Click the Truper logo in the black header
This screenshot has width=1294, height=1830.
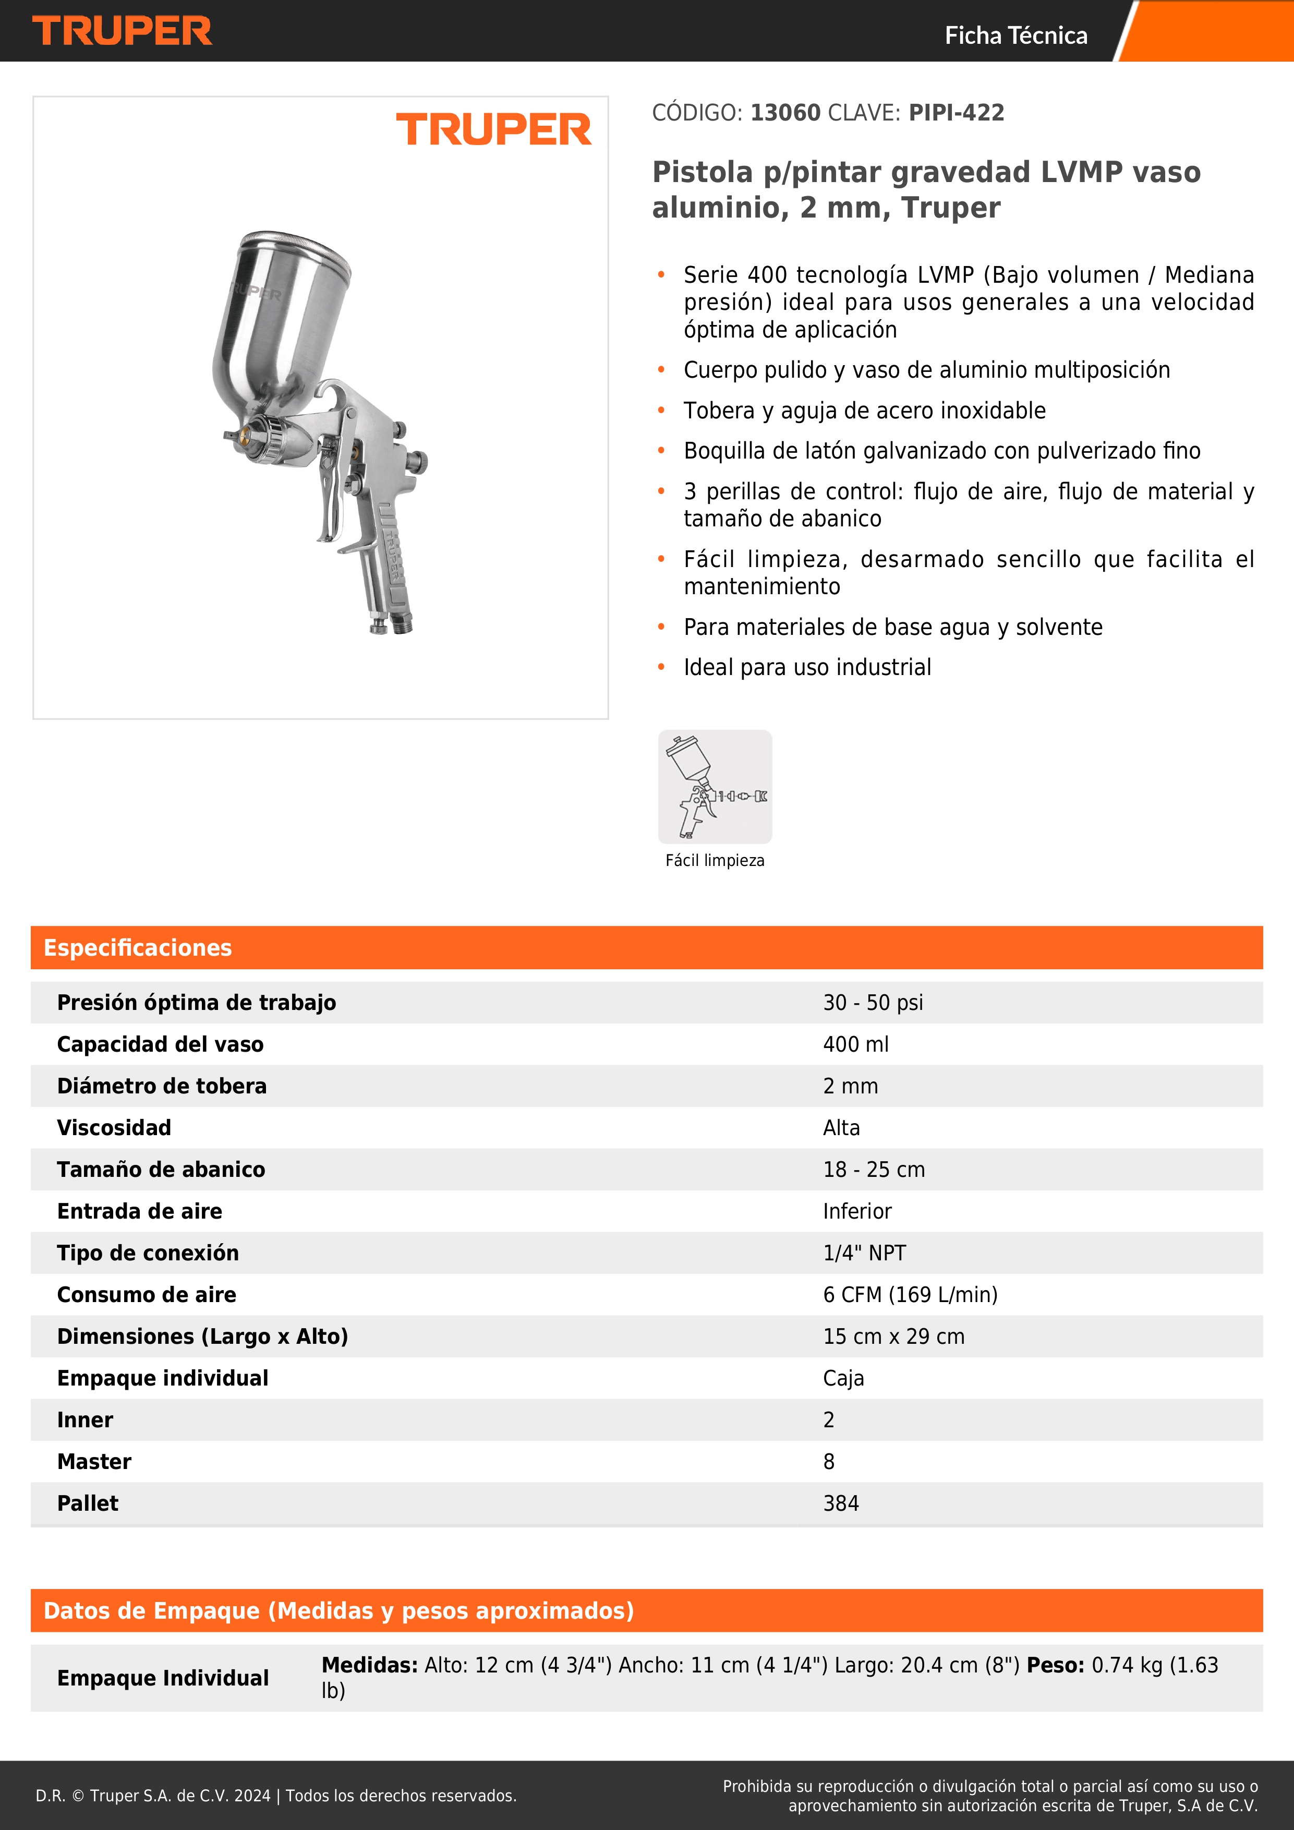tap(122, 31)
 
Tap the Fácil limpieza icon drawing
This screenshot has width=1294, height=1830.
tap(715, 787)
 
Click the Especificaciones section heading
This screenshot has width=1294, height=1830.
tap(138, 948)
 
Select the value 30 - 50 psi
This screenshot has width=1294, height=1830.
tap(873, 1003)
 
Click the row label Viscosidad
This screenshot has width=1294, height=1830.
tap(114, 1128)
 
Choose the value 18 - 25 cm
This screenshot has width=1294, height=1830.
tap(873, 1169)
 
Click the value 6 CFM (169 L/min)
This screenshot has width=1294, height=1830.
tap(910, 1294)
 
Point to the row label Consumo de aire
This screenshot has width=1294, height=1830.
tap(147, 1294)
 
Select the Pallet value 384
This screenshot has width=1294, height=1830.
tap(841, 1503)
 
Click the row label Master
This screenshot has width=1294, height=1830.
tap(94, 1462)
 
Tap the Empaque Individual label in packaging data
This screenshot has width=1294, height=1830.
tap(163, 1678)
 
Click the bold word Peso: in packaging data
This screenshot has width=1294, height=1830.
tap(1055, 1665)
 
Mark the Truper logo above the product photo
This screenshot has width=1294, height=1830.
tap(493, 130)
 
